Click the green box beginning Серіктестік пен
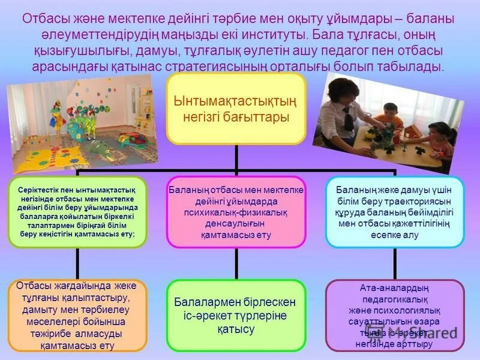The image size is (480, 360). click(x=77, y=212)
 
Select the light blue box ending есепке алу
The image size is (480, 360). click(x=394, y=212)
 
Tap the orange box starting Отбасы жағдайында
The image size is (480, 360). click(x=77, y=315)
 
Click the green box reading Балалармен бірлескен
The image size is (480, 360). click(x=236, y=315)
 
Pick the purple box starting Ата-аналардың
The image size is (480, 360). click(x=394, y=315)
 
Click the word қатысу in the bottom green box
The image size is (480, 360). click(x=236, y=329)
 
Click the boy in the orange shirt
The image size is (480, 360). click(x=391, y=120)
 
